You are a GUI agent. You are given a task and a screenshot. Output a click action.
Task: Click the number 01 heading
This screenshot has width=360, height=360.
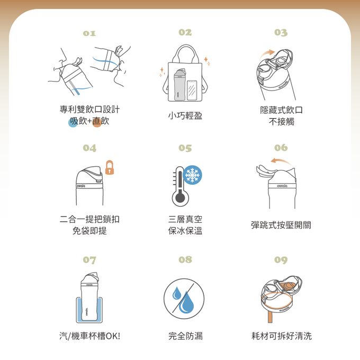(89, 33)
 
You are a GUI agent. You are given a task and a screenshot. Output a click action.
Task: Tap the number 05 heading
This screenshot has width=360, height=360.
(185, 148)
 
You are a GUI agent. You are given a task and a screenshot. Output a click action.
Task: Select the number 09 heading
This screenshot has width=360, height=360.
(281, 260)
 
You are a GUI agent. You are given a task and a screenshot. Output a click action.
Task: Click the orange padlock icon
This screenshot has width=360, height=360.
(110, 168)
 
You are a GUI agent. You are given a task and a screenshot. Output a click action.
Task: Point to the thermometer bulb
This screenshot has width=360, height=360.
(179, 198)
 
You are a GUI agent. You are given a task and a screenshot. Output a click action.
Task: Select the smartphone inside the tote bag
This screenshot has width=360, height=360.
(192, 89)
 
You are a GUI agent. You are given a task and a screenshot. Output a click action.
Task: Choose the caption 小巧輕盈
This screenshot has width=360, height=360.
(185, 115)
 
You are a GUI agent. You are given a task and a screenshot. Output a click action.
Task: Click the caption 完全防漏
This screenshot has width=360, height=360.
(185, 336)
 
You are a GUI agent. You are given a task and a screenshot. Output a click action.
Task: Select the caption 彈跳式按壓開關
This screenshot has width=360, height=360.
(281, 224)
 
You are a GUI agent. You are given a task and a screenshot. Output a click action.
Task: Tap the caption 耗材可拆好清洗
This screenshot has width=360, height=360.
(281, 336)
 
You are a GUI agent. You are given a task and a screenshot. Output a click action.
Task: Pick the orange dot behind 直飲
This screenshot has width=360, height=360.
(97, 123)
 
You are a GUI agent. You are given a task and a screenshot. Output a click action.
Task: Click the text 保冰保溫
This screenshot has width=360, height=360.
(185, 231)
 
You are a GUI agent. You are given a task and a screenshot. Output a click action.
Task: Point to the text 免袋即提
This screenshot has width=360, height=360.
(89, 231)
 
